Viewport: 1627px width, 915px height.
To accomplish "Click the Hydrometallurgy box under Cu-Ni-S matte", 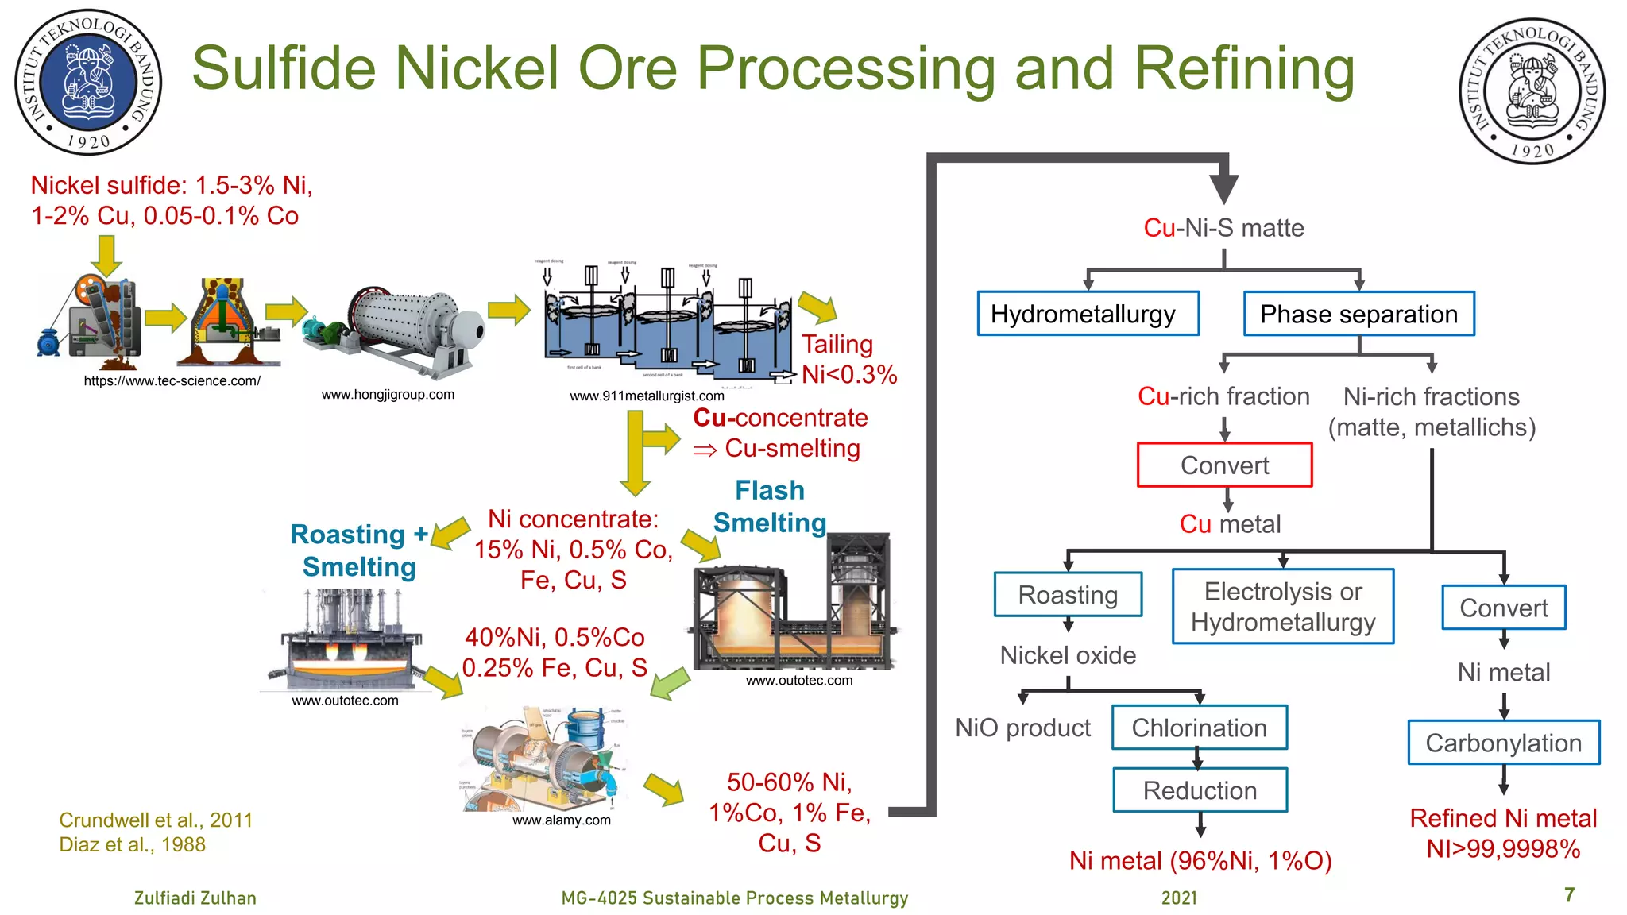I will point(1088,314).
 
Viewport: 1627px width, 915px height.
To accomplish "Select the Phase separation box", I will point(1358,314).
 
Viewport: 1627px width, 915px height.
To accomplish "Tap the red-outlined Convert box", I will point(1224,465).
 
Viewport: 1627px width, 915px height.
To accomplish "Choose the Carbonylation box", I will point(1503,743).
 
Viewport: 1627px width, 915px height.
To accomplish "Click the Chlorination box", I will point(1199,728).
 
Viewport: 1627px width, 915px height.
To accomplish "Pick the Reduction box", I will point(1200,790).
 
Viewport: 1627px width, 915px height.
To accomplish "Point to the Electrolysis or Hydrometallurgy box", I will point(1283,606).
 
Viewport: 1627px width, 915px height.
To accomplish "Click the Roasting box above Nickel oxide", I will point(1068,594).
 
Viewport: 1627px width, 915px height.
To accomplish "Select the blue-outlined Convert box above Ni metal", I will point(1503,608).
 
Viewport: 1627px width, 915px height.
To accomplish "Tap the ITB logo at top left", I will point(88,82).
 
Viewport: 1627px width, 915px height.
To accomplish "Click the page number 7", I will point(1569,894).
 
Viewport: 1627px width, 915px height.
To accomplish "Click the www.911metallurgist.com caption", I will point(647,396).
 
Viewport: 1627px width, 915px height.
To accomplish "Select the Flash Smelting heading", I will point(769,507).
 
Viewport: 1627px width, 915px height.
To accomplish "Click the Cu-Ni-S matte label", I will point(1223,228).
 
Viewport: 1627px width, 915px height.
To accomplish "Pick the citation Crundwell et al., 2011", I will point(156,820).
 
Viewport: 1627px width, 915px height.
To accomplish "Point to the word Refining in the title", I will point(1244,69).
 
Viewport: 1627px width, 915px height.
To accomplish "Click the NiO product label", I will point(1022,728).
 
